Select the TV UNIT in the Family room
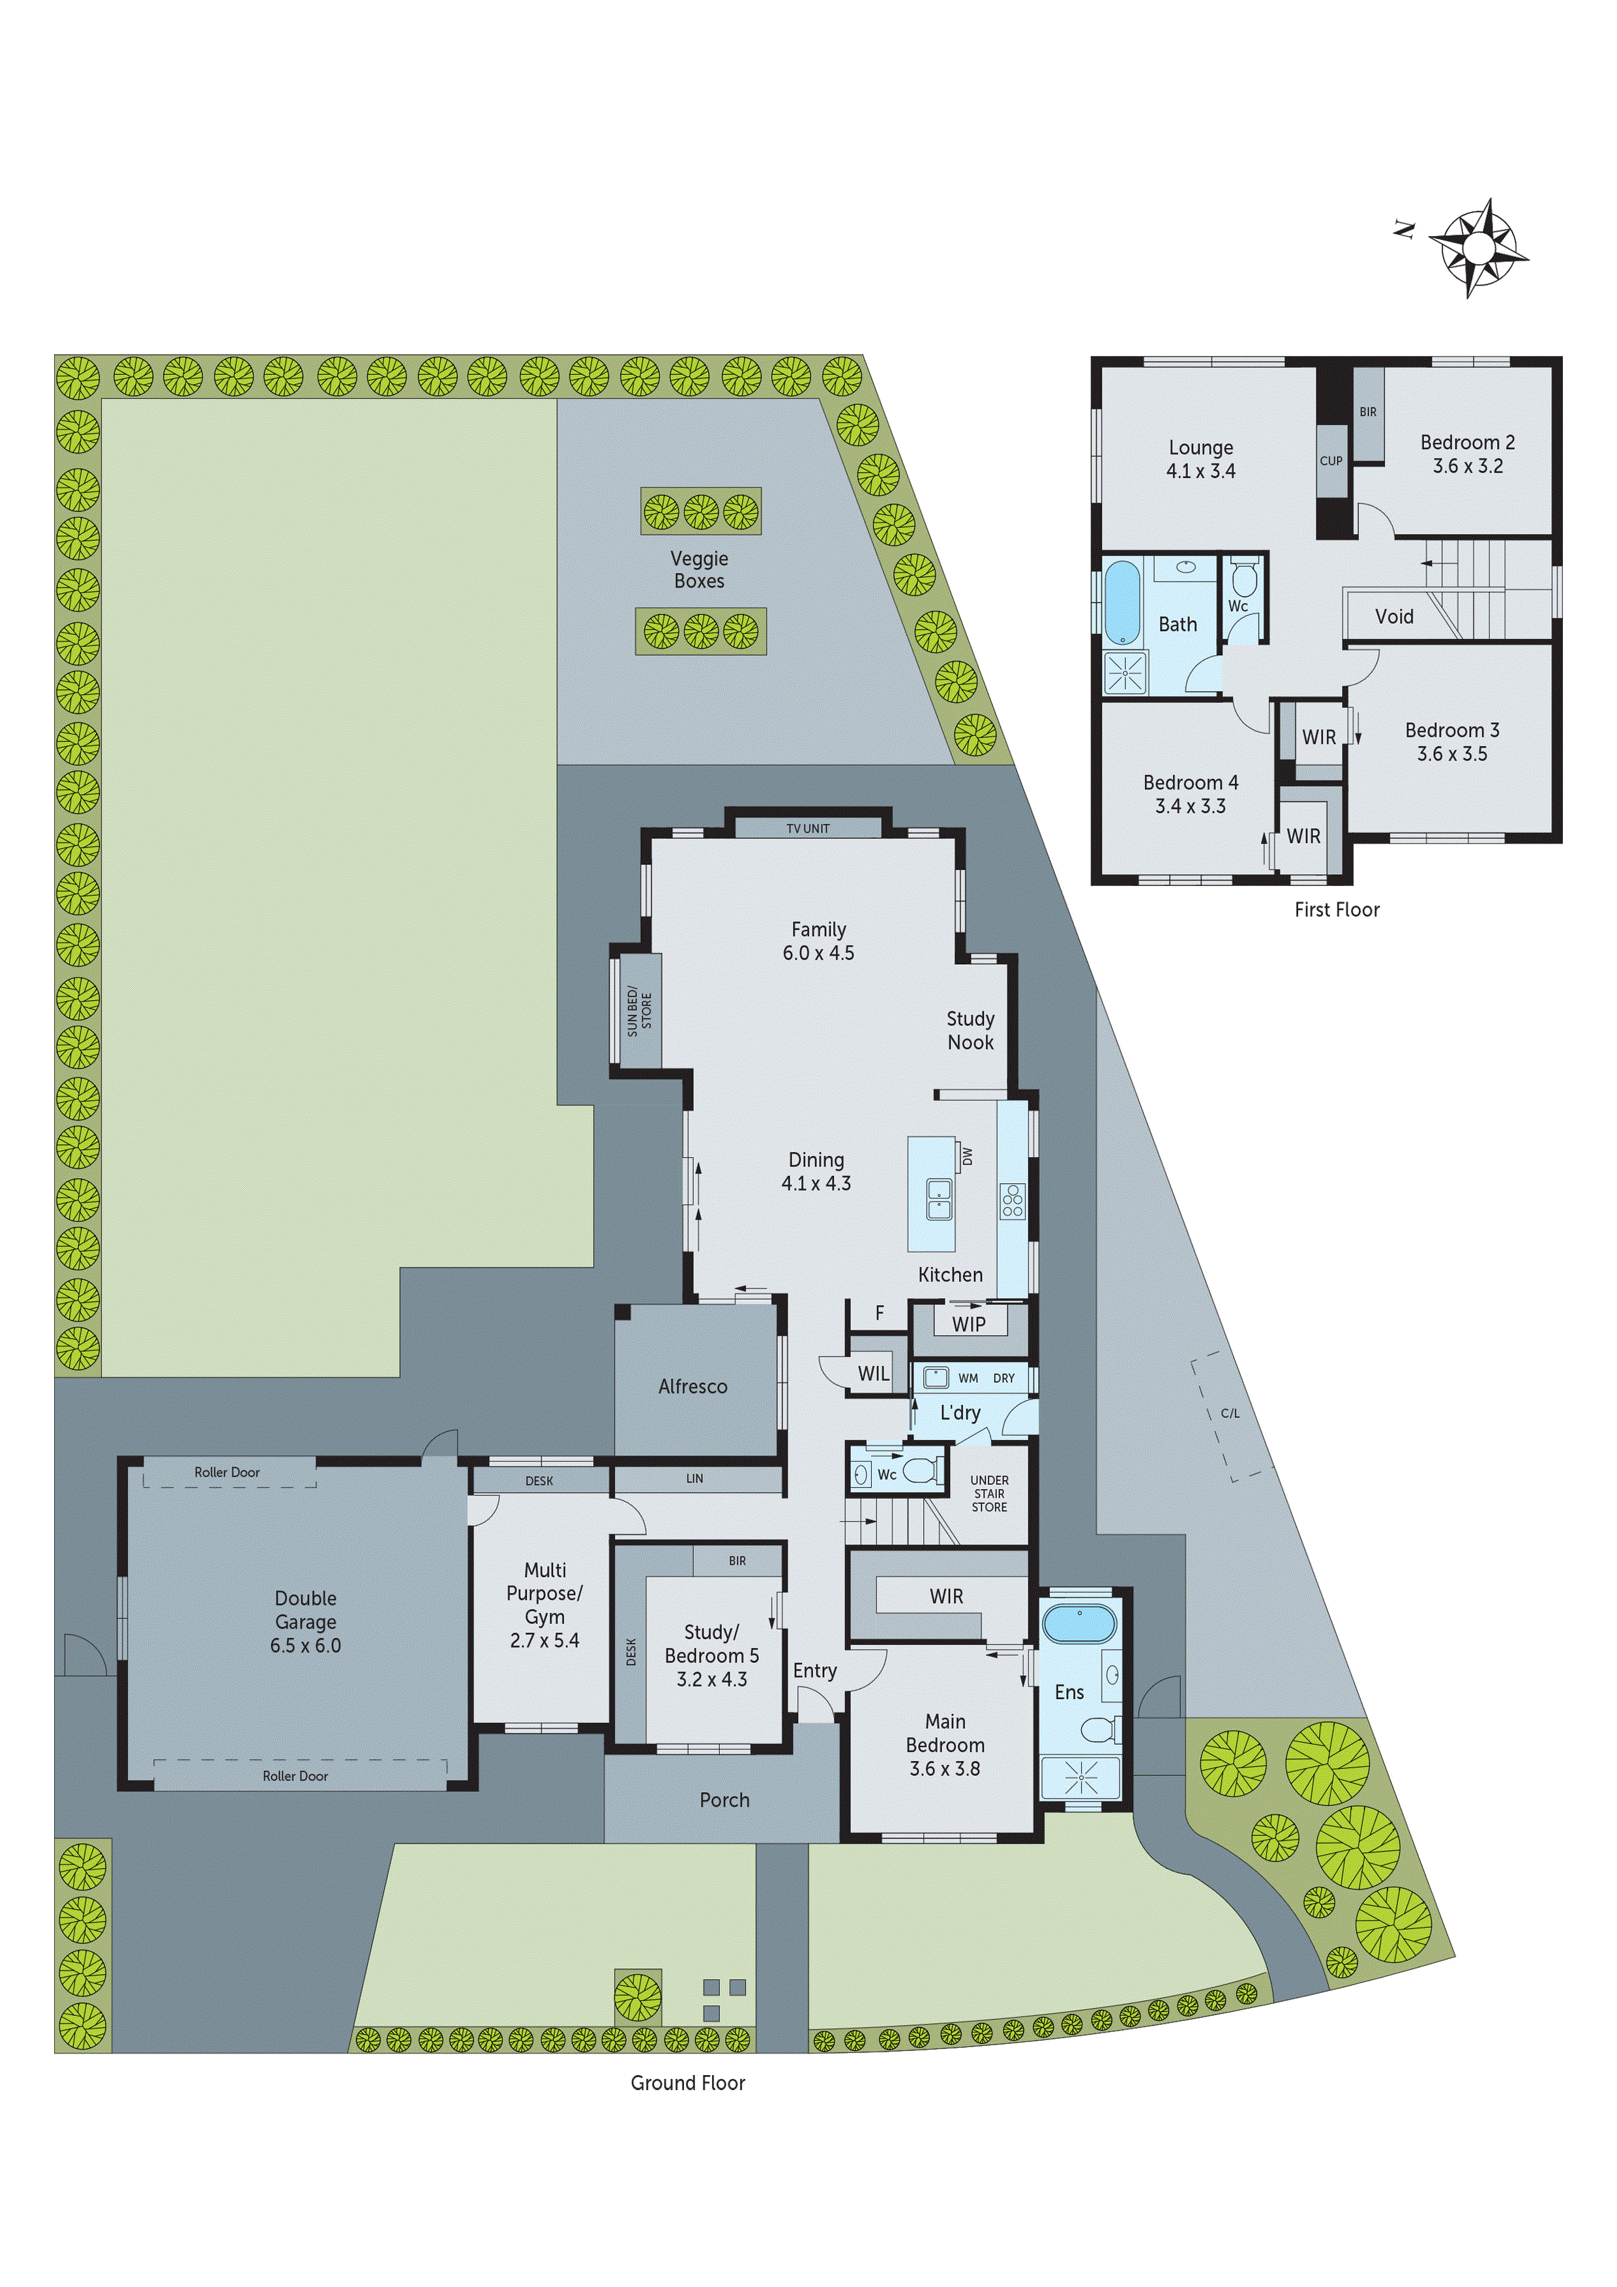(x=807, y=828)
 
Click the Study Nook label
(x=970, y=1030)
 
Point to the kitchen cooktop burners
(x=1012, y=1200)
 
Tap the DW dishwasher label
(x=966, y=1155)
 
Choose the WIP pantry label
(x=968, y=1324)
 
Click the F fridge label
(x=879, y=1313)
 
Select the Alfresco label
(x=692, y=1385)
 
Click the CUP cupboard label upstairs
(x=1331, y=461)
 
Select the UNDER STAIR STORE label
(x=989, y=1493)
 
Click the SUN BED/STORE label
(x=638, y=1012)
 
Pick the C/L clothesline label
(x=1230, y=1413)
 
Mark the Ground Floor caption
(x=687, y=2083)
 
